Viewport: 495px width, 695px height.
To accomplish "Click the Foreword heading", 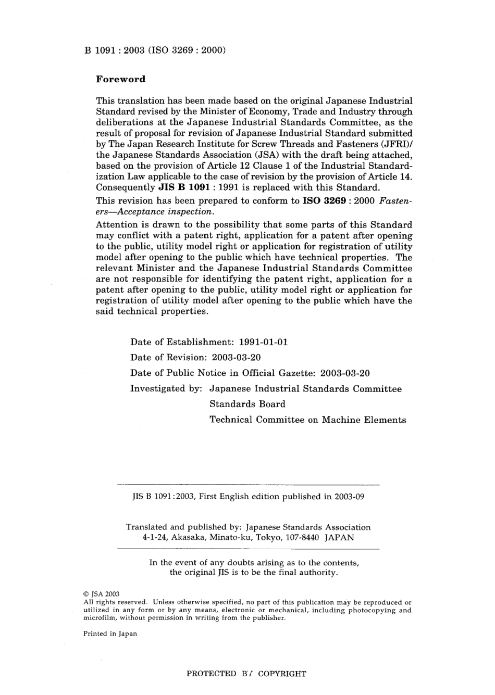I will coord(120,79).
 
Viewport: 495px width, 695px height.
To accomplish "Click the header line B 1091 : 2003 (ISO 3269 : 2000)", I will coord(154,50).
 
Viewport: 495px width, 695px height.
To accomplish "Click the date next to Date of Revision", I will coord(237,357).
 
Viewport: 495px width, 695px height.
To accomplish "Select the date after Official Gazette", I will coord(345,373).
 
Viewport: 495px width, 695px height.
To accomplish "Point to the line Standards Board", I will coord(247,404).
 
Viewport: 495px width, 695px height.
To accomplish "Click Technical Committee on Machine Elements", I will coord(307,420).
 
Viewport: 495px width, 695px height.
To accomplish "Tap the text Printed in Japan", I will coord(110,634).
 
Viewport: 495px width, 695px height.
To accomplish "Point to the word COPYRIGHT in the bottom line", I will coord(282,674).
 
